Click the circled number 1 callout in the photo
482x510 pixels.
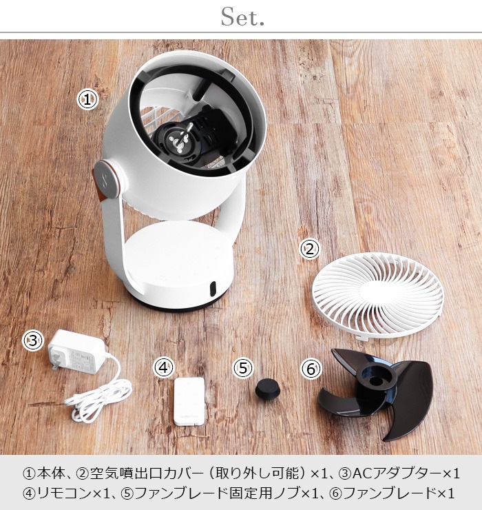click(x=87, y=100)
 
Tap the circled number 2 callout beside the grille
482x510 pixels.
click(x=309, y=249)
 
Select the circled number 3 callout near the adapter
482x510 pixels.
click(x=32, y=340)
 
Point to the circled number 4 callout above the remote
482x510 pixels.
click(x=164, y=367)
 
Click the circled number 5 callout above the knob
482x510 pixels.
click(x=243, y=368)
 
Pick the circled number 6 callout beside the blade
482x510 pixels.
click(x=311, y=369)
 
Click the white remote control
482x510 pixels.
click(x=189, y=401)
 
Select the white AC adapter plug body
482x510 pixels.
click(x=76, y=352)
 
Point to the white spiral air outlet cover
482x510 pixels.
click(x=377, y=294)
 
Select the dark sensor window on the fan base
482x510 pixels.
click(x=213, y=289)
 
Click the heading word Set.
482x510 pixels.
click(x=242, y=17)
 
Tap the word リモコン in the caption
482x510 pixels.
click(x=64, y=493)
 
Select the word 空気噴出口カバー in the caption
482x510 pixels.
click(x=144, y=473)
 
